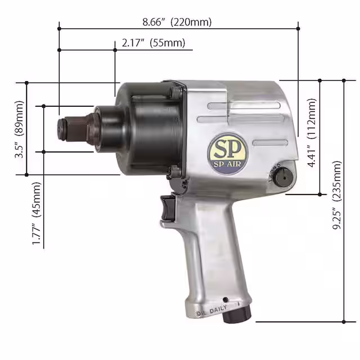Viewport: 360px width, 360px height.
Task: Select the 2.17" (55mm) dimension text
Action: point(153,43)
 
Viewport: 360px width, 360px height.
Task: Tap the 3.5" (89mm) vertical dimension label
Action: point(20,129)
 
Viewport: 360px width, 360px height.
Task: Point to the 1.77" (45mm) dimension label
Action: point(37,213)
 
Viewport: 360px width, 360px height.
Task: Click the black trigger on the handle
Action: point(167,208)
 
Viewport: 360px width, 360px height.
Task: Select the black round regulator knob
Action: point(285,176)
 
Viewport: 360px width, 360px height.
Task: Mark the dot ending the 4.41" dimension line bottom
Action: point(320,195)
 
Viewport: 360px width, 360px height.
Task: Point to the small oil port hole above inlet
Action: point(224,299)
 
